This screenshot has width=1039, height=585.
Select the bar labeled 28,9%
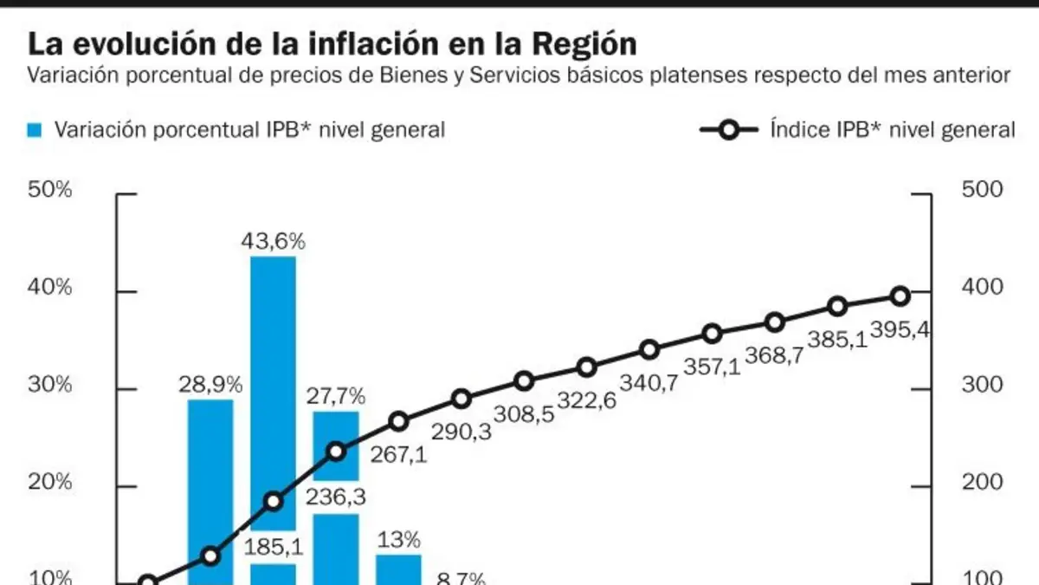click(x=210, y=492)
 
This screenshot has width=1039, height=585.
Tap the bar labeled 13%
click(x=398, y=569)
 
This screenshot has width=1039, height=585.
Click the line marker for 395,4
click(x=900, y=296)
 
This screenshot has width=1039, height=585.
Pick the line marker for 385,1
click(x=838, y=307)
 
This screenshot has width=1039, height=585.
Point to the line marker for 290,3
click(x=461, y=399)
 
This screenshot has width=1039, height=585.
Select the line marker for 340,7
click(x=649, y=349)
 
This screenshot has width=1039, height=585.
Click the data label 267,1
click(x=398, y=454)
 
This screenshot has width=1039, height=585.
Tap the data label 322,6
click(x=587, y=400)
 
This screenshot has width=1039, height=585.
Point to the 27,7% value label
click(x=336, y=396)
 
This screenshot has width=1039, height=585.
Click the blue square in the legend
click(x=35, y=131)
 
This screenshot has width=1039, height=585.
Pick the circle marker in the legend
click(x=729, y=130)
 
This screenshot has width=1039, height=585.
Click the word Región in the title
click(x=584, y=45)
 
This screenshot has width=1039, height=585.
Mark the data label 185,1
click(x=274, y=548)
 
